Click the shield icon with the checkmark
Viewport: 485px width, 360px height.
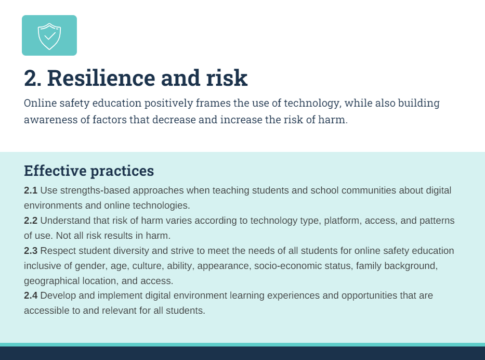coord(49,35)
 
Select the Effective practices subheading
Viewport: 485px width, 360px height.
coord(89,171)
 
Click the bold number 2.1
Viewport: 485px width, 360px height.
coord(31,190)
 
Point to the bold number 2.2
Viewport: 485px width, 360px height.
coord(31,221)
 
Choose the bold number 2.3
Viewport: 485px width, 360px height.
coord(31,251)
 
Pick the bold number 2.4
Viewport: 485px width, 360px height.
coord(31,296)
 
